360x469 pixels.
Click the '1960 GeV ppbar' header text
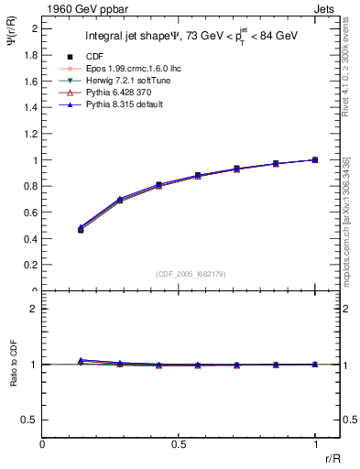81,7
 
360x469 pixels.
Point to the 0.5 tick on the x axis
179,443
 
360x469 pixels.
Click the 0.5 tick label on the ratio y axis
29,420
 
